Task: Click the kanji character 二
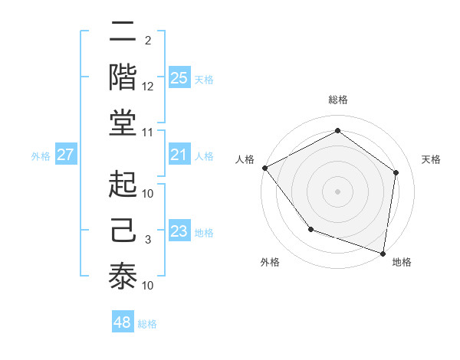coord(123,34)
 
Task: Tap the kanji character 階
coord(123,78)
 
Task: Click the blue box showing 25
coord(179,78)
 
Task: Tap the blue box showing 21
coord(179,155)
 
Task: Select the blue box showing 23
coord(179,231)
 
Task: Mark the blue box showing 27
coord(66,155)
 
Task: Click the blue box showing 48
coord(123,322)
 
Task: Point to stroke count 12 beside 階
coord(148,87)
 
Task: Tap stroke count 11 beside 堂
coord(148,132)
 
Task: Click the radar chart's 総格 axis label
coord(337,100)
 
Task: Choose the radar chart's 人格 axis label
coord(245,159)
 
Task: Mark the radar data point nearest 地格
coord(383,253)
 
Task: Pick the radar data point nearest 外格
coord(310,229)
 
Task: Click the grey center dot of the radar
coord(337,191)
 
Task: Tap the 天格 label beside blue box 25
coord(203,79)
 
